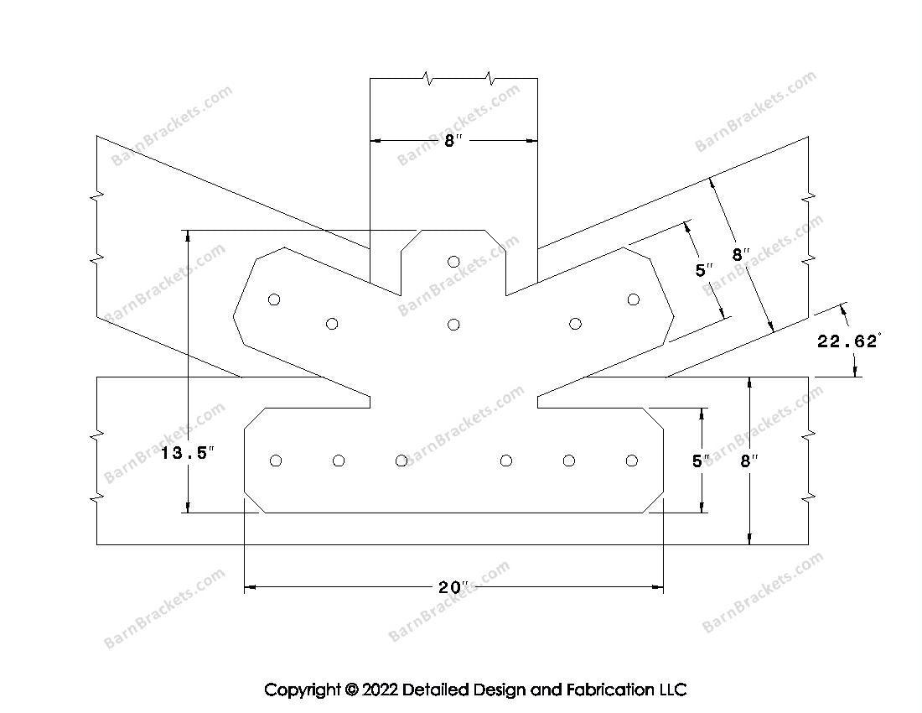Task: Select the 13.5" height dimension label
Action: (x=188, y=453)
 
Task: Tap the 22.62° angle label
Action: (x=849, y=341)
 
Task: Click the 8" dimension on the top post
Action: (x=452, y=141)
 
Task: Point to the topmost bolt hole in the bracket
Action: (x=453, y=261)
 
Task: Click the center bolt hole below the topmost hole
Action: (x=453, y=324)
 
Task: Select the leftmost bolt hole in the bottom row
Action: (x=276, y=461)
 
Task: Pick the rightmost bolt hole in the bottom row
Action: (x=632, y=461)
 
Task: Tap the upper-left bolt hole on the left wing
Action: (x=274, y=299)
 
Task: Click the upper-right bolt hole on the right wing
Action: (x=634, y=299)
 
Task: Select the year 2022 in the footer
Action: (x=381, y=690)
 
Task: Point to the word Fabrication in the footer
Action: (x=609, y=690)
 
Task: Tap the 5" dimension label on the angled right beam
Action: (x=704, y=271)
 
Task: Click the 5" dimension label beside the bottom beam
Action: (x=701, y=461)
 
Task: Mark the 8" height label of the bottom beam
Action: (x=748, y=461)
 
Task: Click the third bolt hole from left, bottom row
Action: (x=401, y=461)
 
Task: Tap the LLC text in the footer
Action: (x=672, y=690)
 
